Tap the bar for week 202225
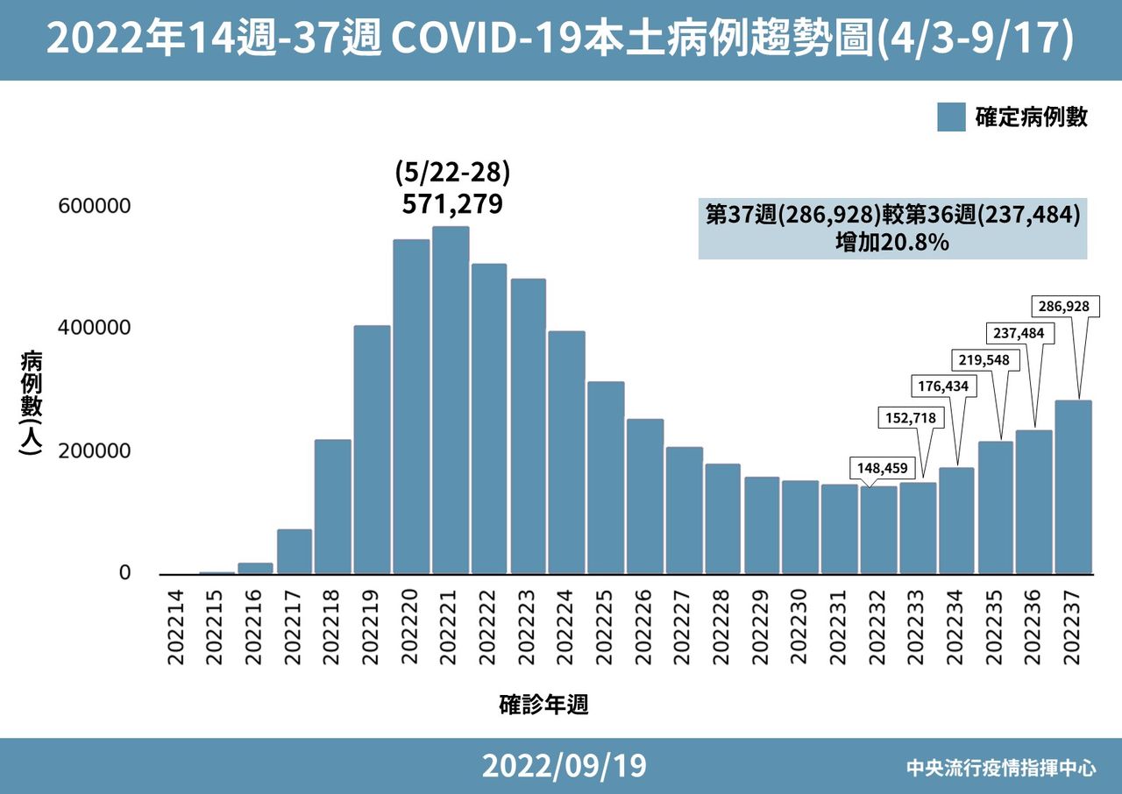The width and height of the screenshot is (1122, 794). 606,478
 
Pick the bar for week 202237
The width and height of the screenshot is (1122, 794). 1073,487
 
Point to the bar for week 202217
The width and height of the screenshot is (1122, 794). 295,551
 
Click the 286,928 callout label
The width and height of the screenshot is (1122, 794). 1062,307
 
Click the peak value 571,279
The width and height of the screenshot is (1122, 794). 451,204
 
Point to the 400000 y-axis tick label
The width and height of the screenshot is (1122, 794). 94,328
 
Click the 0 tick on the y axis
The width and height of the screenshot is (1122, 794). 124,573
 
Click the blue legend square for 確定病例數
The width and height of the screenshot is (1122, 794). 951,117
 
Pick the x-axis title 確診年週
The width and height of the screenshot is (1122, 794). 543,705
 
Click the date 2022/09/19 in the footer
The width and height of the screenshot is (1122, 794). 564,766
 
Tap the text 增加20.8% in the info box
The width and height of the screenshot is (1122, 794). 891,243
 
